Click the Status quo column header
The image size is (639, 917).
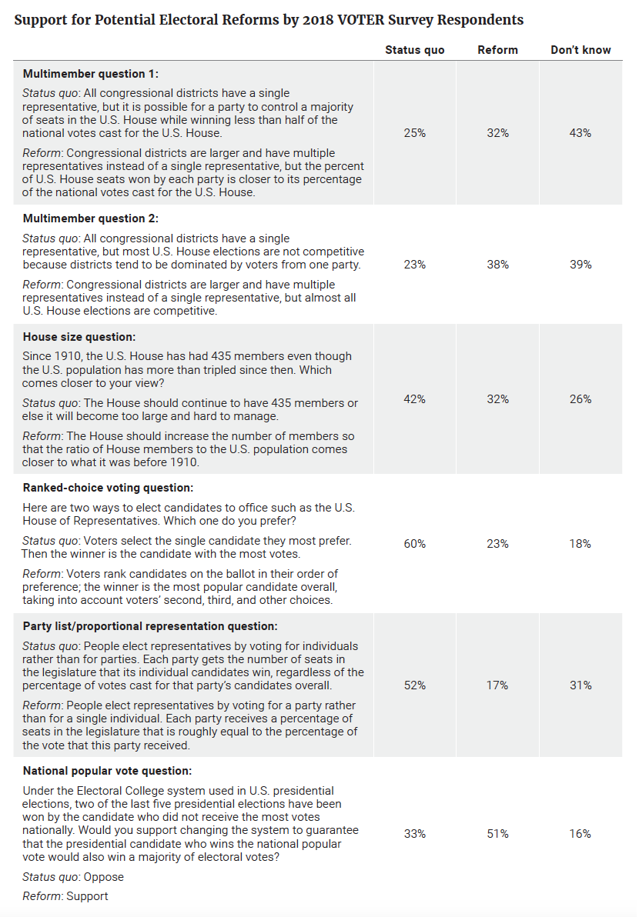414,50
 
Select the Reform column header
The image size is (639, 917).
497,50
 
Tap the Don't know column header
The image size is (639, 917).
580,50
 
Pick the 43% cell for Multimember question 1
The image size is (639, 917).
580,133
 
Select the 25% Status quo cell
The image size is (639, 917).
414,133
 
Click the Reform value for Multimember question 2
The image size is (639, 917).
497,265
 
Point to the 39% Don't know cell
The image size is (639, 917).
580,265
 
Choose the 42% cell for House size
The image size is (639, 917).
414,399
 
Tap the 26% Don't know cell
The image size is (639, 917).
580,399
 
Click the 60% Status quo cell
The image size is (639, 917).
414,544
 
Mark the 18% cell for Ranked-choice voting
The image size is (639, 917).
580,544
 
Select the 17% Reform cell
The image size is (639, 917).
497,685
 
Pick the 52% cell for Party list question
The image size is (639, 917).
414,685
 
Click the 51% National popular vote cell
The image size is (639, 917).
497,834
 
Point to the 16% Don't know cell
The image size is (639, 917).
580,834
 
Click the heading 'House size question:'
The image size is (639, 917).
79,338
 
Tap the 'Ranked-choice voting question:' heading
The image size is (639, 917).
108,489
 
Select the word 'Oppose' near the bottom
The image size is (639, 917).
104,877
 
